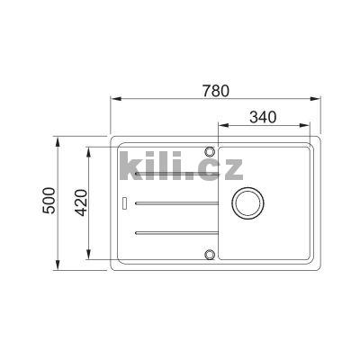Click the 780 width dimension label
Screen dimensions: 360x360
[215, 90]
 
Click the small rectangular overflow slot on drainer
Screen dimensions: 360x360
[124, 202]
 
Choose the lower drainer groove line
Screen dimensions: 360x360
[175, 234]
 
